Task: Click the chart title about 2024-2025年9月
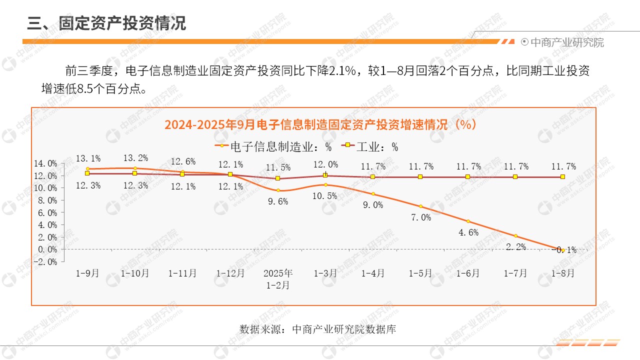click(320, 124)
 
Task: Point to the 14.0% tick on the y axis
click(45, 163)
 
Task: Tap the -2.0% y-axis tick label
click(45, 261)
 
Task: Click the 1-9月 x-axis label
click(87, 273)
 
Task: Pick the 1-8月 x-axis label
click(563, 273)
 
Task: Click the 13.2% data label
click(135, 158)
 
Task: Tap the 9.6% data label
click(278, 202)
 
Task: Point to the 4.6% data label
click(468, 232)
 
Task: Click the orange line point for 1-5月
click(420, 206)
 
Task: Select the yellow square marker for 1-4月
click(373, 176)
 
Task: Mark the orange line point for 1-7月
click(515, 236)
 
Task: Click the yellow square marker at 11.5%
click(278, 178)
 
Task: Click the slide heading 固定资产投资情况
click(122, 23)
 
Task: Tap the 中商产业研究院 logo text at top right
click(566, 42)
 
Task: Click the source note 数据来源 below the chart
click(318, 329)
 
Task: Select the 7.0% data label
click(421, 217)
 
